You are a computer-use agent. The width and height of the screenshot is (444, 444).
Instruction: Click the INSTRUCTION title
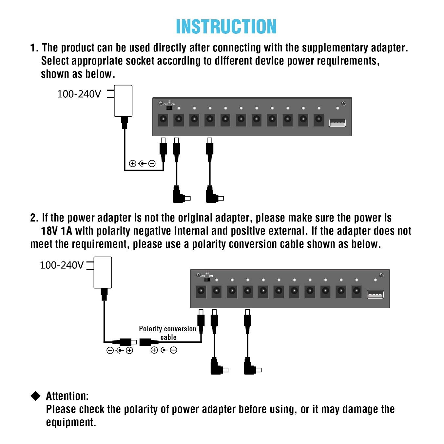tap(226, 27)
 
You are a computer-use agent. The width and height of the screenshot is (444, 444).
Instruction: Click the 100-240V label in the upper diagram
tap(79, 94)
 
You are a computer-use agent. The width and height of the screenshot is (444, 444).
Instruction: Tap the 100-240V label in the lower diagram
tap(62, 265)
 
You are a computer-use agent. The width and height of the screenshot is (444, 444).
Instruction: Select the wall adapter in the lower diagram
tap(103, 273)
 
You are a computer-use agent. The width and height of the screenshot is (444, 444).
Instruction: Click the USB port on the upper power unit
tap(337, 123)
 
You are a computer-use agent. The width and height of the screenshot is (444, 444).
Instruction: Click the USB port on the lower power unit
tap(375, 295)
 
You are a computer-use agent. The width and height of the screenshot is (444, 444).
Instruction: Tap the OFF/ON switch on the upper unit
tap(169, 107)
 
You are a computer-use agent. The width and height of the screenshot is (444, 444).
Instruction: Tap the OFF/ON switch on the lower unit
tap(207, 280)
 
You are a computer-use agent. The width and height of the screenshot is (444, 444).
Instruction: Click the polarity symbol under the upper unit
tap(142, 164)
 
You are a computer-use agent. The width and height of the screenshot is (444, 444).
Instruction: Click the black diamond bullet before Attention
tap(35, 396)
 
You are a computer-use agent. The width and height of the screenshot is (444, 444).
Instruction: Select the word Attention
tap(67, 396)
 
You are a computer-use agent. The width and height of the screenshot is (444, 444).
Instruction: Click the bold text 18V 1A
tap(56, 231)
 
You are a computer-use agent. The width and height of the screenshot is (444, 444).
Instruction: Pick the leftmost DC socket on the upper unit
tap(163, 120)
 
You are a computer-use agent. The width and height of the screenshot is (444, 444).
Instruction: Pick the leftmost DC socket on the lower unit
tap(201, 291)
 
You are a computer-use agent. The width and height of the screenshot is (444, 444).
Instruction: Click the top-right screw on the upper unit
tap(343, 104)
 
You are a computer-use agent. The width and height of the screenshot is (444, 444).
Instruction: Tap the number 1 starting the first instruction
tap(33, 48)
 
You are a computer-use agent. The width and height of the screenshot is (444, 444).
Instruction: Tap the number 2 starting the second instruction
tap(33, 218)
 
